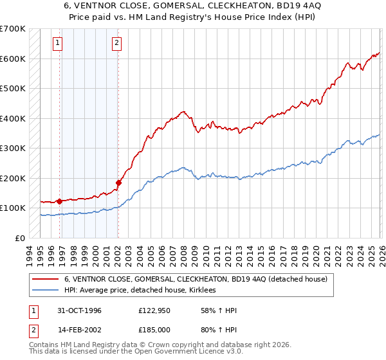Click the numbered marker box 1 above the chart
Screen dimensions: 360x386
[58, 43]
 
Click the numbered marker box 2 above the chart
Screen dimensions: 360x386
[116, 43]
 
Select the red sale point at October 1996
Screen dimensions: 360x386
[60, 201]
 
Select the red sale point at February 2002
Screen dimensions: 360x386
[118, 183]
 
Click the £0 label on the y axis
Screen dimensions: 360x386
[21, 238]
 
